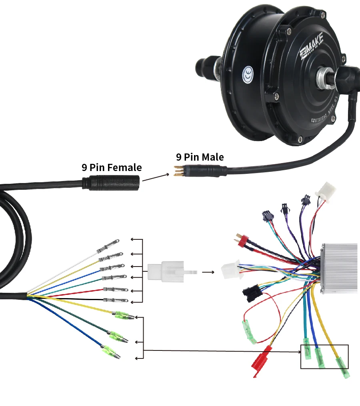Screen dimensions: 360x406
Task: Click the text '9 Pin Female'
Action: click(x=112, y=167)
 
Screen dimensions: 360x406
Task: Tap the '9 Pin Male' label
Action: click(x=200, y=157)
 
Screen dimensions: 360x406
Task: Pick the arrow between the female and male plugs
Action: click(x=155, y=177)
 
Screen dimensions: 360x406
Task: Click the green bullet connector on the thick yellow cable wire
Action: click(x=121, y=315)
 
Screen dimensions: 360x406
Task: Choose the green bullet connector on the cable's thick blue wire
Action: click(x=110, y=352)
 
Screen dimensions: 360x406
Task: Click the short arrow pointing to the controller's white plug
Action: click(x=207, y=272)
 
